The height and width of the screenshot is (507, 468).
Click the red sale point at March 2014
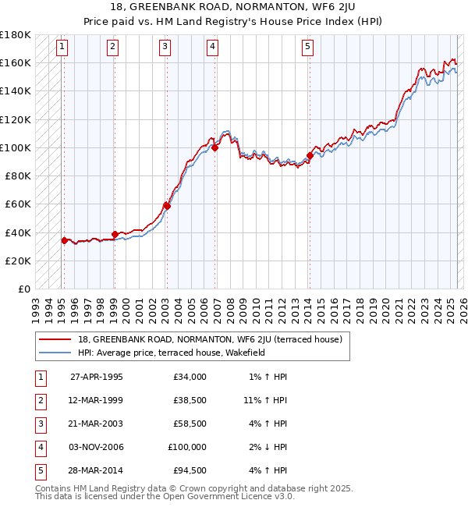pos(310,155)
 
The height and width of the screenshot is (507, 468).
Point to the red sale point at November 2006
pos(214,147)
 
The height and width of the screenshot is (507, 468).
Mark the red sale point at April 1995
pos(65,240)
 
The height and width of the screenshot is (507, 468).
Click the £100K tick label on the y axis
pos(16,147)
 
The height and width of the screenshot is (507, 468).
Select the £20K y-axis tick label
pos(18,261)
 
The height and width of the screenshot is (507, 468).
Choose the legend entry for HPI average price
pos(172,353)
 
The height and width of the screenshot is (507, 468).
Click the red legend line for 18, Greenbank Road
pos(55,339)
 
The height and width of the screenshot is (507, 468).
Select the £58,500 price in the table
pos(190,424)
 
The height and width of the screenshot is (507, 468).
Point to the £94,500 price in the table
pos(190,470)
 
